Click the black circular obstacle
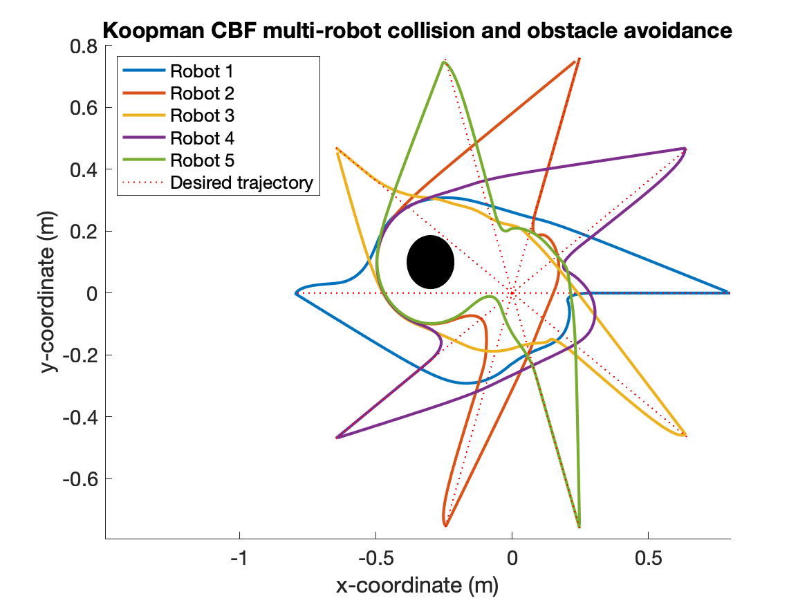tap(430, 262)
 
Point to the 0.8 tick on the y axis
tap(84, 46)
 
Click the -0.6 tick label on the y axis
tap(80, 479)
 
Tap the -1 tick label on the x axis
tap(239, 557)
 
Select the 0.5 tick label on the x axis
tap(647, 557)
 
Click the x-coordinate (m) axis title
tap(417, 586)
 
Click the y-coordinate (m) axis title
tap(48, 292)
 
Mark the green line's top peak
tap(443, 62)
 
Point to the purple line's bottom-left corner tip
tap(337, 438)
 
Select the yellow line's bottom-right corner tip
tap(685, 435)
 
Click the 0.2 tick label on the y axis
tap(84, 232)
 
